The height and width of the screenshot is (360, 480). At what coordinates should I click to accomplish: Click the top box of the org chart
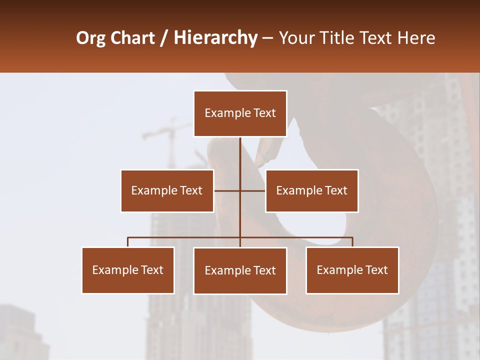[x=240, y=113]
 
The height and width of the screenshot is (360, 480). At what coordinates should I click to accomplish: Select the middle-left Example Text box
[x=167, y=190]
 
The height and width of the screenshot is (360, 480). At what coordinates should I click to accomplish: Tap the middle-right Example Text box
[x=311, y=190]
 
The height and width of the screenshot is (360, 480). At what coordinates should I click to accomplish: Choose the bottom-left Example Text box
[x=128, y=270]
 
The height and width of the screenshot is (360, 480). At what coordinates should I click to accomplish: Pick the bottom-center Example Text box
[x=240, y=270]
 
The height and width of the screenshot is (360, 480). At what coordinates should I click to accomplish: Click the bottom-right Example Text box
[x=352, y=270]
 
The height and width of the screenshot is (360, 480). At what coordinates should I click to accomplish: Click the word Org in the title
[x=90, y=38]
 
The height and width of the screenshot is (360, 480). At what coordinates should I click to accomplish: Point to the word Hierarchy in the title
[x=215, y=38]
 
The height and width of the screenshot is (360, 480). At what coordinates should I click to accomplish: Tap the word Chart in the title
[x=133, y=38]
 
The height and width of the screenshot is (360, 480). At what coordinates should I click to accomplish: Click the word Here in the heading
[x=416, y=38]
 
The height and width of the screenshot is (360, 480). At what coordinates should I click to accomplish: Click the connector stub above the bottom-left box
[x=128, y=242]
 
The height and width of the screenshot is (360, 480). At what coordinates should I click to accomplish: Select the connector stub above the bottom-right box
[x=352, y=242]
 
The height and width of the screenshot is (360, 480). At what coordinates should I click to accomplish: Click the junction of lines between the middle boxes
[x=240, y=190]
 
